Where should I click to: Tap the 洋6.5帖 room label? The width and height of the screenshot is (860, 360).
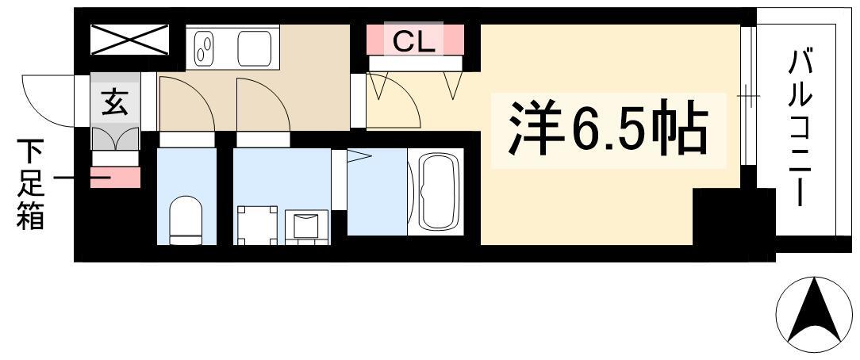click(608, 127)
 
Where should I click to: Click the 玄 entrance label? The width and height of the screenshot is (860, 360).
click(114, 102)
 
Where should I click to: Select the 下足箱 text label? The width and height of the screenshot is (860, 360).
click(30, 184)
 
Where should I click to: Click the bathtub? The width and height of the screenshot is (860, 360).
click(440, 193)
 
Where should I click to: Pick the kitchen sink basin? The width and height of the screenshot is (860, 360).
click(255, 48)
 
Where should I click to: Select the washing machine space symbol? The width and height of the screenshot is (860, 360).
click(257, 224)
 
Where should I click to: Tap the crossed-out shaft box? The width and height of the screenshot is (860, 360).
click(129, 40)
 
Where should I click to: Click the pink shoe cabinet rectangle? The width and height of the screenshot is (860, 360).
click(114, 178)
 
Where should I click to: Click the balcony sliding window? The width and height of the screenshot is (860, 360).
click(748, 95)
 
